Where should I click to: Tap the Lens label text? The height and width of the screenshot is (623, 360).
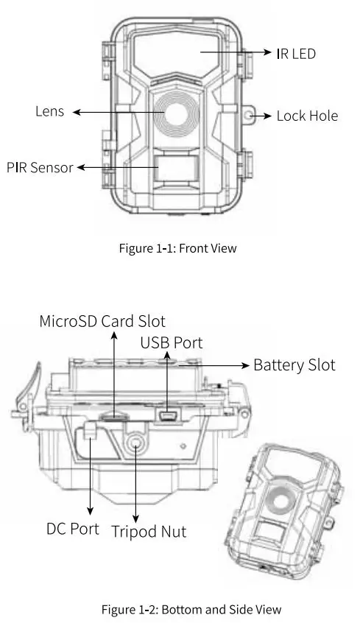click(49, 112)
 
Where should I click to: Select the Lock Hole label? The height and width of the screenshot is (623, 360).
click(307, 116)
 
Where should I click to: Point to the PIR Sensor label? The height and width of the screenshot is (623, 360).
click(40, 167)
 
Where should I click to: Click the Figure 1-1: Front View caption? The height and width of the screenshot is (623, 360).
click(177, 248)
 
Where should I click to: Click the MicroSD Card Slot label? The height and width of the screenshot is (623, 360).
click(102, 321)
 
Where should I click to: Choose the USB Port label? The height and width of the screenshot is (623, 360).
click(171, 343)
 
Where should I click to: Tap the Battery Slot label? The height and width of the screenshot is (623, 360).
click(294, 365)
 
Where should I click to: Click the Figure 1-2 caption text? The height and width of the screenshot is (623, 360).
click(180, 608)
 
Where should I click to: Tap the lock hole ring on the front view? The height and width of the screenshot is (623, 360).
click(250, 116)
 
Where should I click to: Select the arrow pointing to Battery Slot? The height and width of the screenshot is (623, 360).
click(221, 365)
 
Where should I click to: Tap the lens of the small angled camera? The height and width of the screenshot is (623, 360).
click(281, 501)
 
